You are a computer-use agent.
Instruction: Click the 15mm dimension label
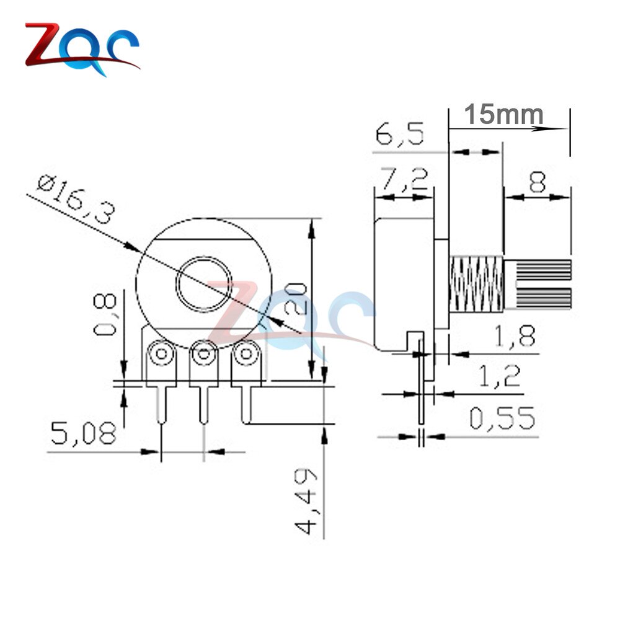point(503,114)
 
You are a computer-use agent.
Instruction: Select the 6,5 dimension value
point(400,135)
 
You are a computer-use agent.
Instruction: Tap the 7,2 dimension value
point(403,180)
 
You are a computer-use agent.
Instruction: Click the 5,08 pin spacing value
point(83,433)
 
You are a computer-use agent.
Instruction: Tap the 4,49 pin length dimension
point(305,501)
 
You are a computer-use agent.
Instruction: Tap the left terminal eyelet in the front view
point(162,355)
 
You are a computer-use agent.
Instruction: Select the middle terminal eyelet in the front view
point(203,355)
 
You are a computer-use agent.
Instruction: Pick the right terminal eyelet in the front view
point(246,355)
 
